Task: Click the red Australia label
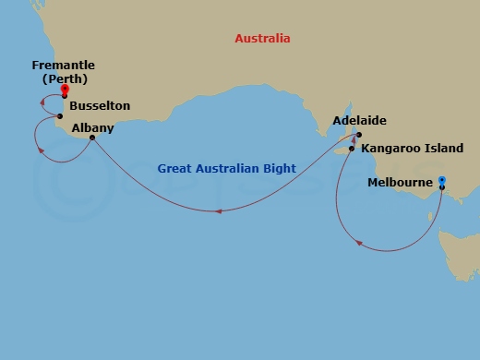point(263,39)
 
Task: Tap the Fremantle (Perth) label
point(63,72)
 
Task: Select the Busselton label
point(100,106)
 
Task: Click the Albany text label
point(90,128)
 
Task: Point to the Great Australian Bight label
point(226,169)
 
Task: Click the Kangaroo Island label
point(413,148)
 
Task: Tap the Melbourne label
point(400,183)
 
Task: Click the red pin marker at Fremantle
point(65,90)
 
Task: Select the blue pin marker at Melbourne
point(442,181)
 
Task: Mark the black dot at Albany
point(91,139)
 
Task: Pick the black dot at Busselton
point(60,116)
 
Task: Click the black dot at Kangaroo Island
point(352,148)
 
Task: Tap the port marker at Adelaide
point(358,135)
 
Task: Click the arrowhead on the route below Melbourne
point(359,245)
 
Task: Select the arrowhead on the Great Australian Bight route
point(218,211)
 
